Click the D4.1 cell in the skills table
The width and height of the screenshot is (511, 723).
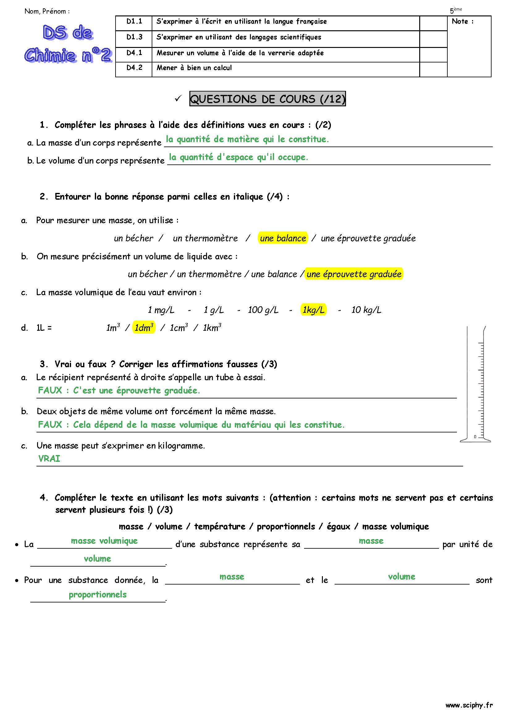(x=134, y=53)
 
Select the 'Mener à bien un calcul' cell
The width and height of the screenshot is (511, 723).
(x=194, y=68)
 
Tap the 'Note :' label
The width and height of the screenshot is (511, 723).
(x=462, y=21)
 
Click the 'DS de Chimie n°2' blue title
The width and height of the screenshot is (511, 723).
(x=68, y=44)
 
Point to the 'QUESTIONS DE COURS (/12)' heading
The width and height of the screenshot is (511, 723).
(x=268, y=99)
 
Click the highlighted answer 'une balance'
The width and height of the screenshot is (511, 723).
(x=283, y=238)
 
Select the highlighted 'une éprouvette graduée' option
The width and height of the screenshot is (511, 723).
(x=354, y=274)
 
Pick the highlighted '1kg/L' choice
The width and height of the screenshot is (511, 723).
(x=313, y=310)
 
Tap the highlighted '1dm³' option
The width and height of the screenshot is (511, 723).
(x=144, y=327)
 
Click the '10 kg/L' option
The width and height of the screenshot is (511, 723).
(x=366, y=310)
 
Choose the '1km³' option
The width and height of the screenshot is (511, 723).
(x=212, y=327)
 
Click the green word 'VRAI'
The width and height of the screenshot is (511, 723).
(x=49, y=458)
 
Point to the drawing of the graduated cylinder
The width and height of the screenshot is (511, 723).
(x=475, y=384)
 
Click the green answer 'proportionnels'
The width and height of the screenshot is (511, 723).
(x=98, y=594)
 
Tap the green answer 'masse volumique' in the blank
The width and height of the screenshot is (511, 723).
(x=104, y=541)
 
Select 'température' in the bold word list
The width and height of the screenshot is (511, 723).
(x=220, y=526)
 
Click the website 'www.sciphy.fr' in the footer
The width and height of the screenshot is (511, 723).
(x=469, y=705)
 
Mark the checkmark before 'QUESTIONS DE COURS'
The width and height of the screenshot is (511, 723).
(x=178, y=99)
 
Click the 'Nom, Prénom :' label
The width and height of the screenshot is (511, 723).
(x=47, y=11)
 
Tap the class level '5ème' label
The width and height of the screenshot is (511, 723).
(x=455, y=10)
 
